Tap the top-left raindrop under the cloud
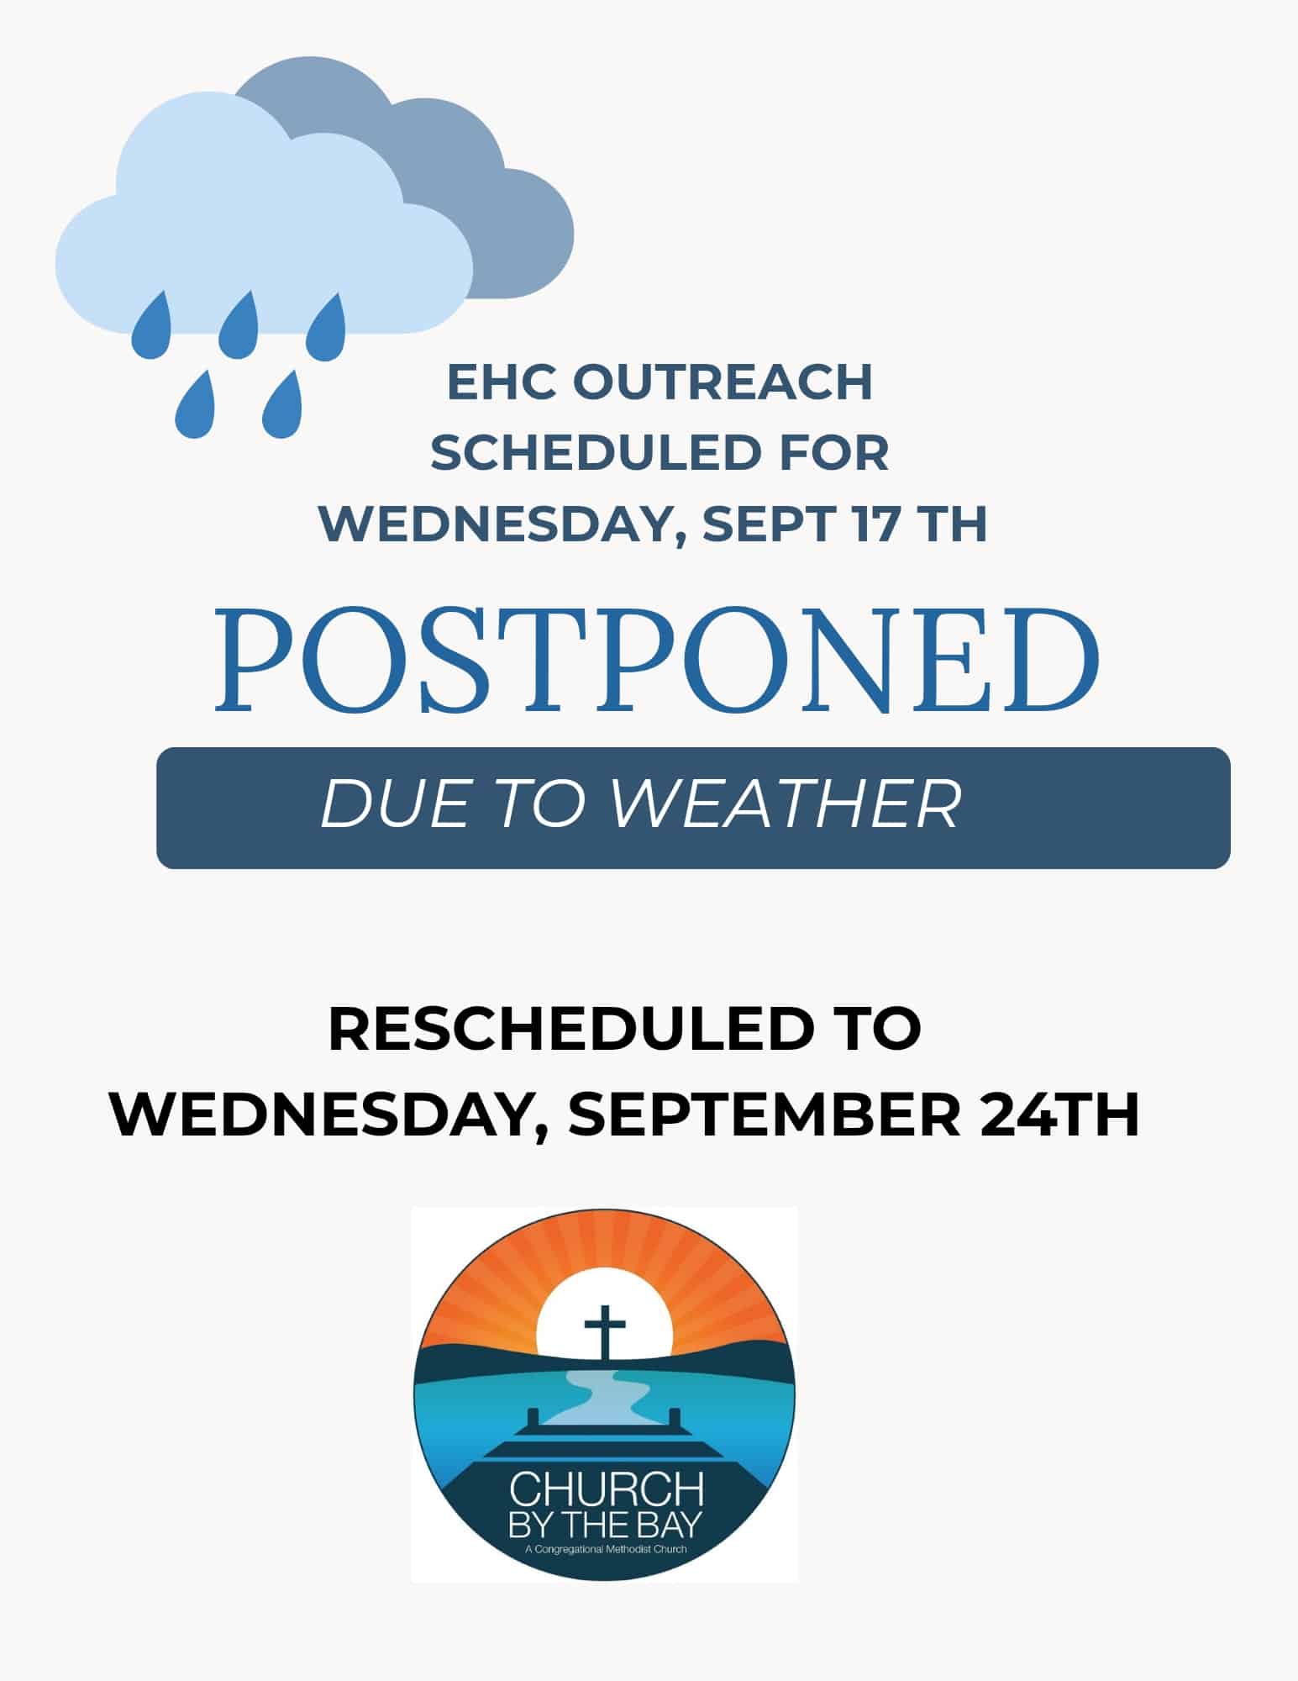152,323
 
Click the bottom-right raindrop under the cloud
281,407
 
